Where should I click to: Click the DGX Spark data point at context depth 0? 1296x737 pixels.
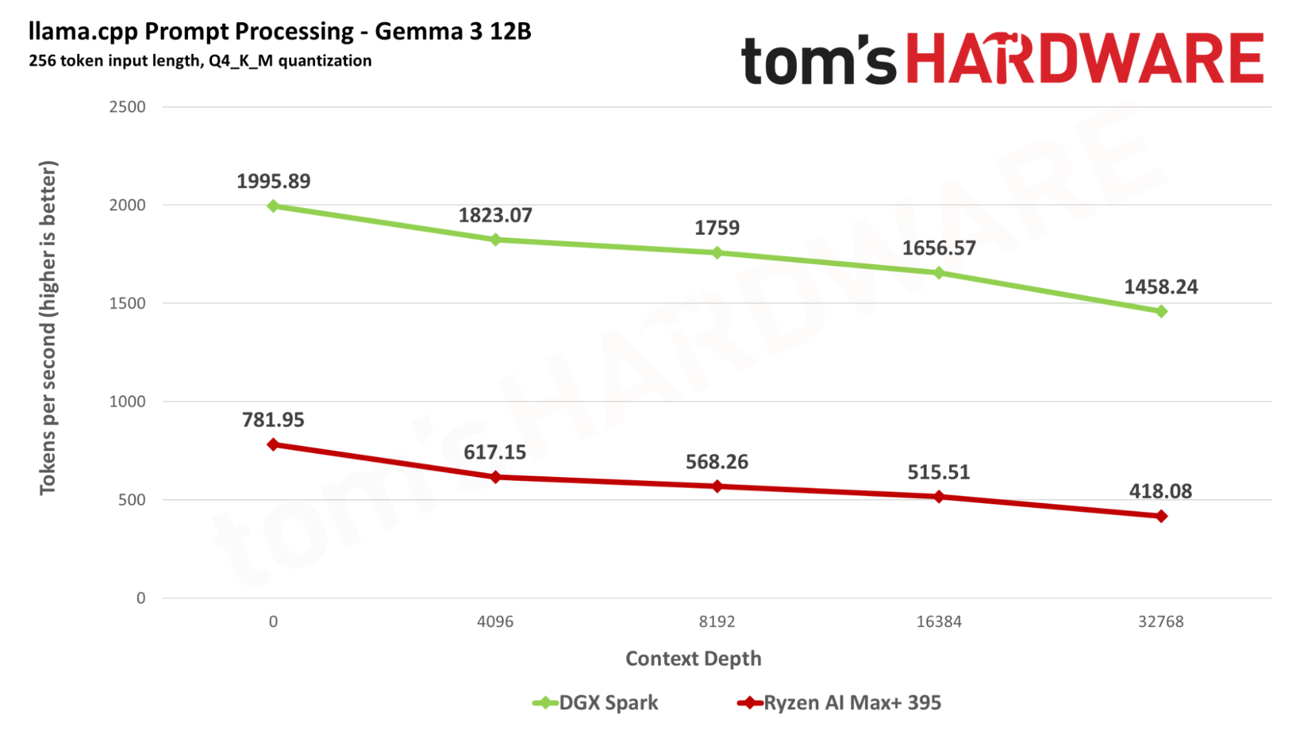click(273, 206)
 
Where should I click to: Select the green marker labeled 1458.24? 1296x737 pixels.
click(1161, 312)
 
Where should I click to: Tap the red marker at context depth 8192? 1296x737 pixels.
click(717, 486)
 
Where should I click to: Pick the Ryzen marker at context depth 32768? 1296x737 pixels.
click(1161, 516)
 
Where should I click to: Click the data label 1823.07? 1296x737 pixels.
click(495, 215)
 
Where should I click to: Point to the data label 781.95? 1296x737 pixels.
click(273, 420)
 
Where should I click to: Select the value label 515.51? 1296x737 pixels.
click(939, 472)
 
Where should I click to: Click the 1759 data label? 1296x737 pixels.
click(717, 228)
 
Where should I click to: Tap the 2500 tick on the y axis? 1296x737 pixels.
click(127, 107)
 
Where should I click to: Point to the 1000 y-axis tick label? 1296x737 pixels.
click(127, 402)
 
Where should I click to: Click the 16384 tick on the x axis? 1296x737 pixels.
click(939, 622)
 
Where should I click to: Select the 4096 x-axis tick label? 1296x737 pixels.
click(495, 622)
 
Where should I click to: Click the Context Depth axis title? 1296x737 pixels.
click(693, 659)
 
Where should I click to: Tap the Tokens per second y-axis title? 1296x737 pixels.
click(48, 327)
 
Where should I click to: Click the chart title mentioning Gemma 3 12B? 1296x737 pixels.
click(280, 31)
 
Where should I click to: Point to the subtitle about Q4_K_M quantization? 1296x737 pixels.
click(200, 61)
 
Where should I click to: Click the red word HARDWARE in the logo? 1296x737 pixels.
click(1084, 60)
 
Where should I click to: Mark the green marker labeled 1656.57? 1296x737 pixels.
click(939, 273)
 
